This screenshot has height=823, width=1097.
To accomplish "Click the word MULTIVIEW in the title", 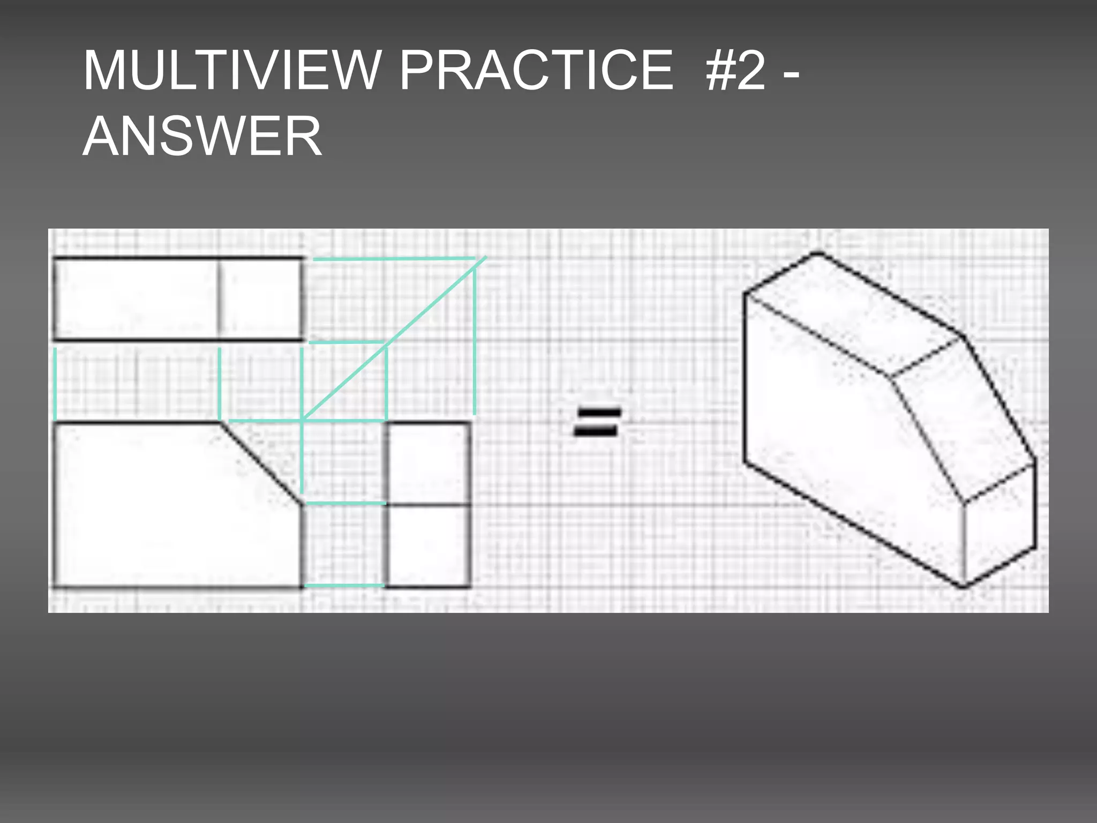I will [x=231, y=71].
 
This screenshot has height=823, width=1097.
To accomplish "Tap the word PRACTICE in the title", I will [x=536, y=71].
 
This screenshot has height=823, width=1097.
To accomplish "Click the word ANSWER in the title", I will [x=202, y=137].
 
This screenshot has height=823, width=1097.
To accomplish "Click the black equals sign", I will [x=597, y=422].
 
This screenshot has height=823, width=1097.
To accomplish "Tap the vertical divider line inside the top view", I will [x=219, y=299].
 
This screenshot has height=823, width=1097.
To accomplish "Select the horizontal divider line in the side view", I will [x=429, y=505].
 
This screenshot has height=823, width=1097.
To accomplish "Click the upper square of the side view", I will [x=429, y=463].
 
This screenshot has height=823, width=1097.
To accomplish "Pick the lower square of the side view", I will [x=429, y=545].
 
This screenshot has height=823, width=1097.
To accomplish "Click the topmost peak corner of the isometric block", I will [x=818, y=253].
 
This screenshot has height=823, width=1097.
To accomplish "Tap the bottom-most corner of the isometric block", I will [x=963, y=586].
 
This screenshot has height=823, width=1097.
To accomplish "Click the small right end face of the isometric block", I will [x=999, y=525].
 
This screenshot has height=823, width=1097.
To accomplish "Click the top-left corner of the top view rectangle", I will [x=55, y=259].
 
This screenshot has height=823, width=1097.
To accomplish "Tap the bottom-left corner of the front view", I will [x=55, y=587].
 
